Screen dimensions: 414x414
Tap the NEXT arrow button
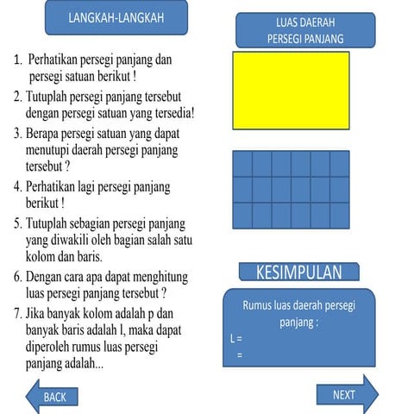pyautogui.click(x=346, y=394)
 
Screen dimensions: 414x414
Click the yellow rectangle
pyautogui.click(x=291, y=90)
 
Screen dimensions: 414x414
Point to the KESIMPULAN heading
pyautogui.click(x=298, y=273)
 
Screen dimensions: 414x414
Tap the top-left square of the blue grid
pyautogui.click(x=242, y=164)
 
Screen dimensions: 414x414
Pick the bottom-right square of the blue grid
pyautogui.click(x=340, y=216)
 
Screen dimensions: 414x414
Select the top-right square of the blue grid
pyautogui.click(x=340, y=164)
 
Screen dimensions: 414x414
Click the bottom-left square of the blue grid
pyautogui.click(x=242, y=216)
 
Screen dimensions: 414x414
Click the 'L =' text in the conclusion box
pyautogui.click(x=237, y=339)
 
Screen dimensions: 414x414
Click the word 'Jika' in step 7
pyautogui.click(x=37, y=314)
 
